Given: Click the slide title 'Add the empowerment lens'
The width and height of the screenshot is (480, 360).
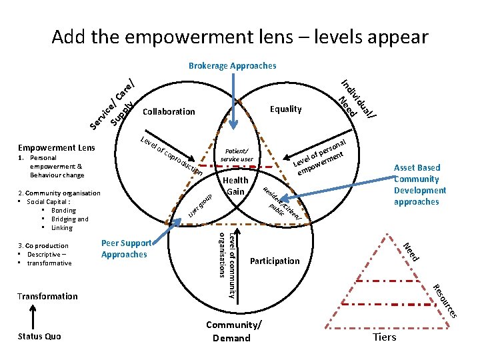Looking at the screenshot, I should (240, 36).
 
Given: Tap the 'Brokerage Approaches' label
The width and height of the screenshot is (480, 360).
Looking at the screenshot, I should (232, 66).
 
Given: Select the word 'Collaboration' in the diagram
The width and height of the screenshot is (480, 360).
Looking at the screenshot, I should (169, 111).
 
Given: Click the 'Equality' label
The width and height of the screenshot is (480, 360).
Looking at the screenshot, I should (286, 109).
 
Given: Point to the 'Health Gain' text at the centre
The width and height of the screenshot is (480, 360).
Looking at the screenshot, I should (236, 186).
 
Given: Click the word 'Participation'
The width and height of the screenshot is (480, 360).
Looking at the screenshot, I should (275, 260).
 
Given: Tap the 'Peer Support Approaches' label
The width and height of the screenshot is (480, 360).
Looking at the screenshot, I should (126, 249).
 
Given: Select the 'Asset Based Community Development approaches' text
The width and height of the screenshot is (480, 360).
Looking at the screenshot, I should (417, 185).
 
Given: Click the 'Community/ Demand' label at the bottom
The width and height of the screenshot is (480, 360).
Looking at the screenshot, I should (232, 331).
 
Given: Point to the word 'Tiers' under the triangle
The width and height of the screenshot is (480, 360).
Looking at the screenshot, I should (385, 337).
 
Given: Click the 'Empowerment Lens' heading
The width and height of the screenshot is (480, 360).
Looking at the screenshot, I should (56, 148).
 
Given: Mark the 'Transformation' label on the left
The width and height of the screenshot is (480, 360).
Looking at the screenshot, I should (47, 296).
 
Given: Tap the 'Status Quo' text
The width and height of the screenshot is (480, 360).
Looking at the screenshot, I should (39, 336).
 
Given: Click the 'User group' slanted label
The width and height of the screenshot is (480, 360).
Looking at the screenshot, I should (199, 206).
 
